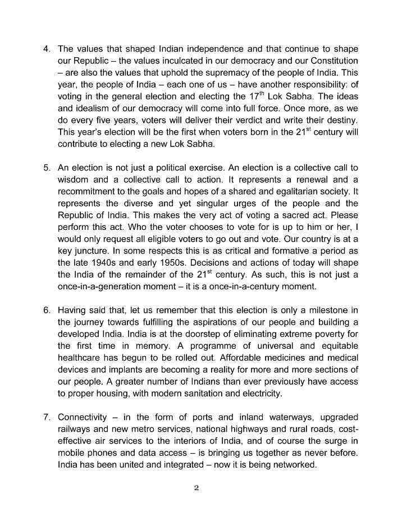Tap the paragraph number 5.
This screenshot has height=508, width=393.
pos(47,168)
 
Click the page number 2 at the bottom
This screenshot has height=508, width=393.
pos(196,487)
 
